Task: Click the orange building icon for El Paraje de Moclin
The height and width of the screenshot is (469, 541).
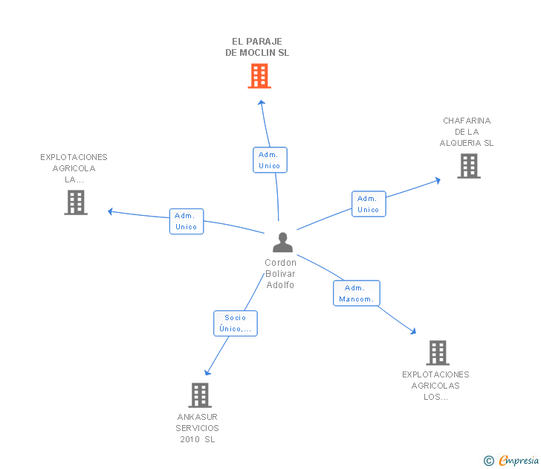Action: (x=259, y=76)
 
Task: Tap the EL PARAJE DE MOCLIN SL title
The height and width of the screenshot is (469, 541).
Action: (x=257, y=48)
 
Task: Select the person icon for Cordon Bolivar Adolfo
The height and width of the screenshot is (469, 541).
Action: (x=282, y=243)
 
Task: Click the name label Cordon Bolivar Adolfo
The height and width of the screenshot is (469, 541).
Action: (x=280, y=274)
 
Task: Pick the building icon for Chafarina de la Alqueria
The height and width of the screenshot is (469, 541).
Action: (x=469, y=166)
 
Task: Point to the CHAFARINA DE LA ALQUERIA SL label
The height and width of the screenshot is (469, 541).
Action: (x=467, y=132)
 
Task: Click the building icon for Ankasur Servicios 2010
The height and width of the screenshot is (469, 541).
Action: (x=199, y=395)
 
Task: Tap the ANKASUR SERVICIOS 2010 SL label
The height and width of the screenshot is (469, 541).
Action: (x=198, y=428)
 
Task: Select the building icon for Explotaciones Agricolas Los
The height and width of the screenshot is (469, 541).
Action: (x=438, y=352)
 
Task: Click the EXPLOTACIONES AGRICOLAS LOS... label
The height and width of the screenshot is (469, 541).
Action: (x=435, y=386)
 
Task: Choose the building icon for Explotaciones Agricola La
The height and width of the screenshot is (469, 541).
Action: (x=76, y=202)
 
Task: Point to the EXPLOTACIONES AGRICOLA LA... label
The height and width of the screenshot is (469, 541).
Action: (x=74, y=168)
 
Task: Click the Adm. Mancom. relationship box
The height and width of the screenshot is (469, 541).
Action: (x=357, y=293)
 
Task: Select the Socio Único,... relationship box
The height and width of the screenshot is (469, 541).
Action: (x=236, y=323)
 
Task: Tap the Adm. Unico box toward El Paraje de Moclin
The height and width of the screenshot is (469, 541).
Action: (x=270, y=160)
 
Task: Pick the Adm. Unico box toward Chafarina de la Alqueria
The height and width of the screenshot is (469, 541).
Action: (x=369, y=204)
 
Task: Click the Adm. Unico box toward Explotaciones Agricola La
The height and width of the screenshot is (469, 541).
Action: (x=187, y=221)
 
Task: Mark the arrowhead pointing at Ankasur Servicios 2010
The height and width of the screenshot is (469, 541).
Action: (x=207, y=371)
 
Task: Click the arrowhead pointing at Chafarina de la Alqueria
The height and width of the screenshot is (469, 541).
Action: (x=438, y=179)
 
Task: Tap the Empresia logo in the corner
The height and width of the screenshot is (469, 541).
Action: (x=512, y=461)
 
